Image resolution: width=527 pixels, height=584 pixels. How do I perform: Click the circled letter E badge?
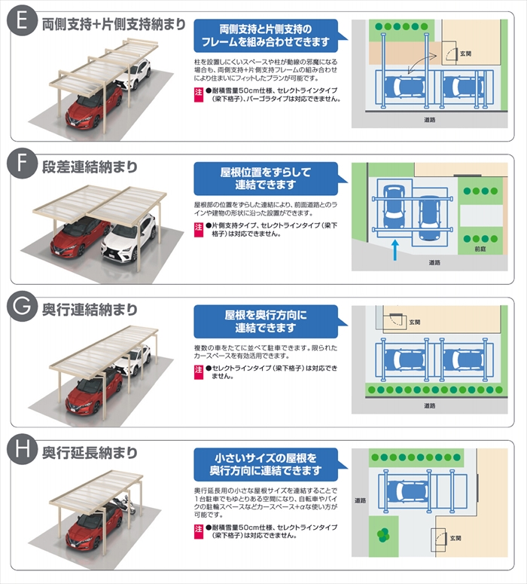tap(22, 20)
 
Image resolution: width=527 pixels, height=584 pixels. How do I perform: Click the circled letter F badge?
tap(22, 163)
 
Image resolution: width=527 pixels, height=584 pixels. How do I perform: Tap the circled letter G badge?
tap(22, 306)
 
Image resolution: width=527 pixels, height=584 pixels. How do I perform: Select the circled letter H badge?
tap(22, 449)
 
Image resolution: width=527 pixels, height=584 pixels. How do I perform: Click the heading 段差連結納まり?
tap(90, 167)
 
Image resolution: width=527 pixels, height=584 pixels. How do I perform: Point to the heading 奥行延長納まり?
tap(90, 453)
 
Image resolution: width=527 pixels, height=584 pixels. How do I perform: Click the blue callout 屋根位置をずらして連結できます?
tap(266, 179)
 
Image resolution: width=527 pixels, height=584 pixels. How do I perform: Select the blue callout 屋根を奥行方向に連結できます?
tap(266, 322)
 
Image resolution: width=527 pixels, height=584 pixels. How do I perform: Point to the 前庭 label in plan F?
tap(480, 249)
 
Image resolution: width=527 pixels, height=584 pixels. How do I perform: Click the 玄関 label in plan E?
tap(465, 54)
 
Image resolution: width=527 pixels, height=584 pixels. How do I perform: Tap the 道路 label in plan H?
tap(360, 500)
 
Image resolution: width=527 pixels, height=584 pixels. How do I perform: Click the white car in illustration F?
tap(129, 238)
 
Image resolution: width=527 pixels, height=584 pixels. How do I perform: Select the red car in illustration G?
tap(93, 392)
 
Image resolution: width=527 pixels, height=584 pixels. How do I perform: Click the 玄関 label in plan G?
tap(415, 322)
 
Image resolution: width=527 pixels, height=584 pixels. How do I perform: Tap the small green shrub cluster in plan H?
tap(383, 535)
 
